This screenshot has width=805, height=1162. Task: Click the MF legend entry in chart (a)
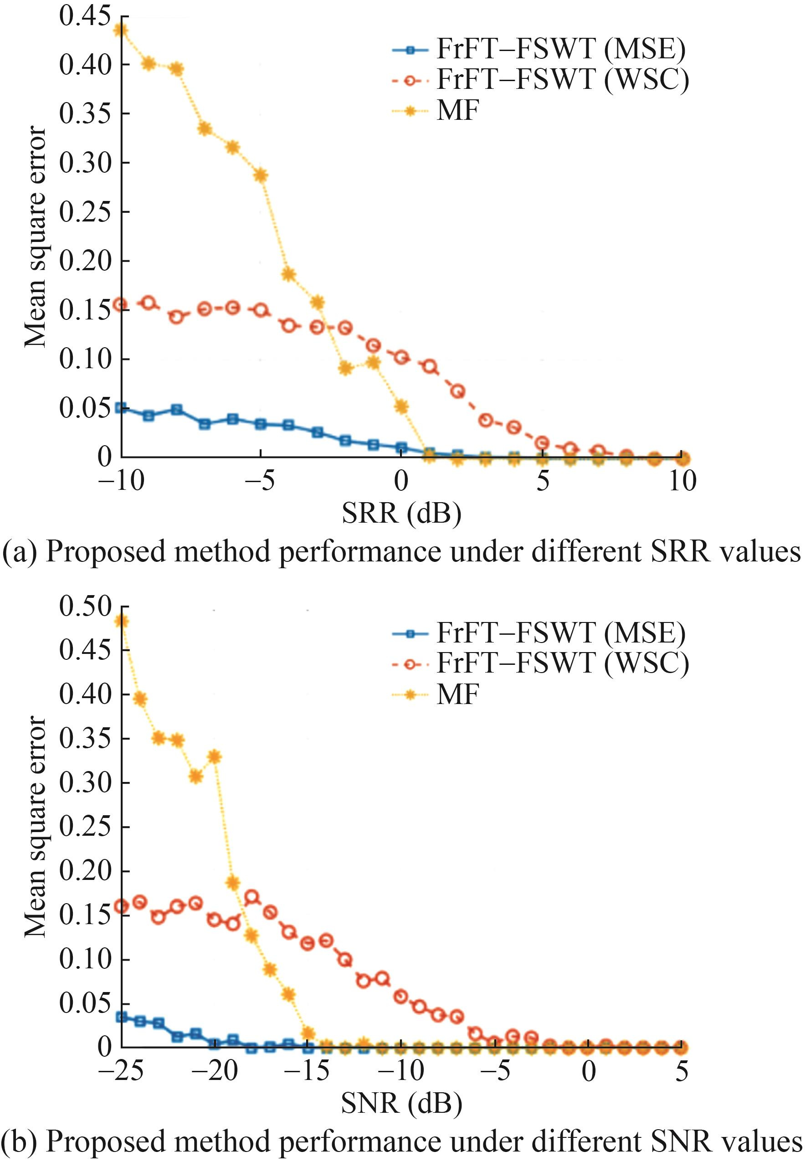457,110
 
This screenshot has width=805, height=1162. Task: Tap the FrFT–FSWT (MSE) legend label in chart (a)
560,49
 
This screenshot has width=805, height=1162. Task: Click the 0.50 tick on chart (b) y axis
85,606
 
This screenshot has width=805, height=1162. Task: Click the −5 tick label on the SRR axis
260,480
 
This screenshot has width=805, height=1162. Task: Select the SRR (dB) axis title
401,513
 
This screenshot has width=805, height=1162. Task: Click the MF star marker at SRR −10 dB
121,30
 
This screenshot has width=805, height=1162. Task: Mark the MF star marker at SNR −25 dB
121,621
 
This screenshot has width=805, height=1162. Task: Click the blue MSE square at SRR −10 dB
121,408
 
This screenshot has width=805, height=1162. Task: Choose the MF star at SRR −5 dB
261,175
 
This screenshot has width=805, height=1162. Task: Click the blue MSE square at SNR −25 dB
121,1017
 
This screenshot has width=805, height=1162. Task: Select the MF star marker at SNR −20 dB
215,756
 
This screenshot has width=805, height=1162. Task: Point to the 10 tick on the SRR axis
682,480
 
